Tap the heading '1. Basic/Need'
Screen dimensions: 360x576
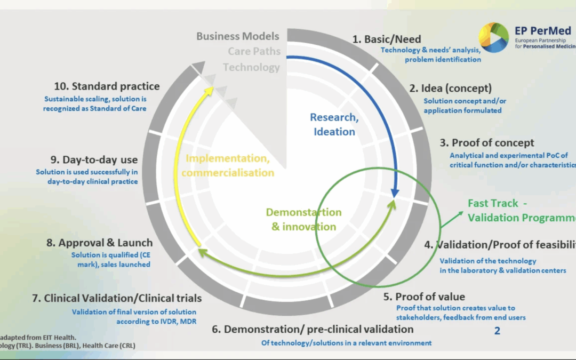pos(387,39)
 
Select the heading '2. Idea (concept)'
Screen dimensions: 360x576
pos(450,88)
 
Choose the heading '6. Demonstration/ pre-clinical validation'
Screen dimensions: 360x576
pos(313,329)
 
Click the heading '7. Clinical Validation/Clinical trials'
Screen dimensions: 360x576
pos(116,298)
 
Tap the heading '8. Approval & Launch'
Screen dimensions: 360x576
pos(99,243)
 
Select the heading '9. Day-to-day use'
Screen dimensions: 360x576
pos(94,159)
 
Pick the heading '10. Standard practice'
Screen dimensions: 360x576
pos(107,86)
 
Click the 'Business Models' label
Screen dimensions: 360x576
pos(238,36)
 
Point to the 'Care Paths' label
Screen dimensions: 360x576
pos(254,52)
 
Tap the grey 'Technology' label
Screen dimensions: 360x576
pos(251,67)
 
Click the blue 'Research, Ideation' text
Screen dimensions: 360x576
pos(333,124)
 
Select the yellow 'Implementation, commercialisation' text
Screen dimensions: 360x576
pos(228,165)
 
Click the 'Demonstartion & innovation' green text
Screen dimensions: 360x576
pos(303,219)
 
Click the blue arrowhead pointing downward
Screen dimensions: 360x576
pos(395,193)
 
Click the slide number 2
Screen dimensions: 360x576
pos(497,331)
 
